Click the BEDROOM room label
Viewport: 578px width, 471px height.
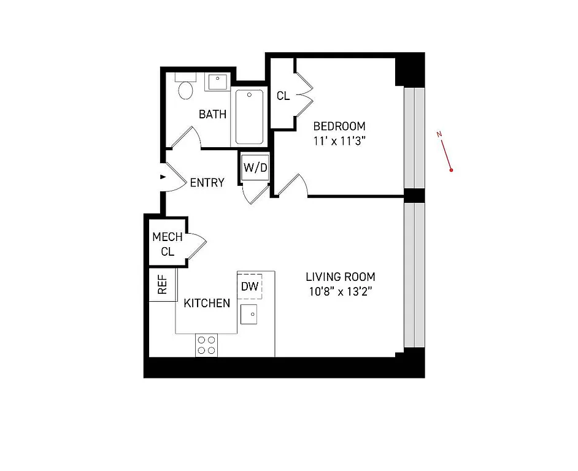click(339, 126)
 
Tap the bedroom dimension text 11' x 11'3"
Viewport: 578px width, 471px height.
click(339, 140)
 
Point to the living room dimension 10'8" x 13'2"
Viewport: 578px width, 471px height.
click(341, 291)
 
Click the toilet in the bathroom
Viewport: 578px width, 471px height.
click(185, 90)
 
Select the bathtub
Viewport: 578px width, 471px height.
click(249, 117)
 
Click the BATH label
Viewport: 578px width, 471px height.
click(212, 114)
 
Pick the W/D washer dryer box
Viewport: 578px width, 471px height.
click(255, 167)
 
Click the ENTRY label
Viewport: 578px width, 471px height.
click(207, 183)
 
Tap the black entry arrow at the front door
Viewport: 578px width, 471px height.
click(163, 177)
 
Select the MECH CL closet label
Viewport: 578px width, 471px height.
click(167, 244)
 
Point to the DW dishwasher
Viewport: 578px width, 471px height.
click(249, 286)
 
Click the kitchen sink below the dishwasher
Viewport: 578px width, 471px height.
click(249, 315)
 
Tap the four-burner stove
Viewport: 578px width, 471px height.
click(206, 345)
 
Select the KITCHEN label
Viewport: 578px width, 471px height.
click(207, 303)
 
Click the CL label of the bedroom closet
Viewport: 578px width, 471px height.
click(283, 96)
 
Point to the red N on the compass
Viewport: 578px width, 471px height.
click(439, 134)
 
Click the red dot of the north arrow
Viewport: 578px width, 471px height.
click(451, 170)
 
